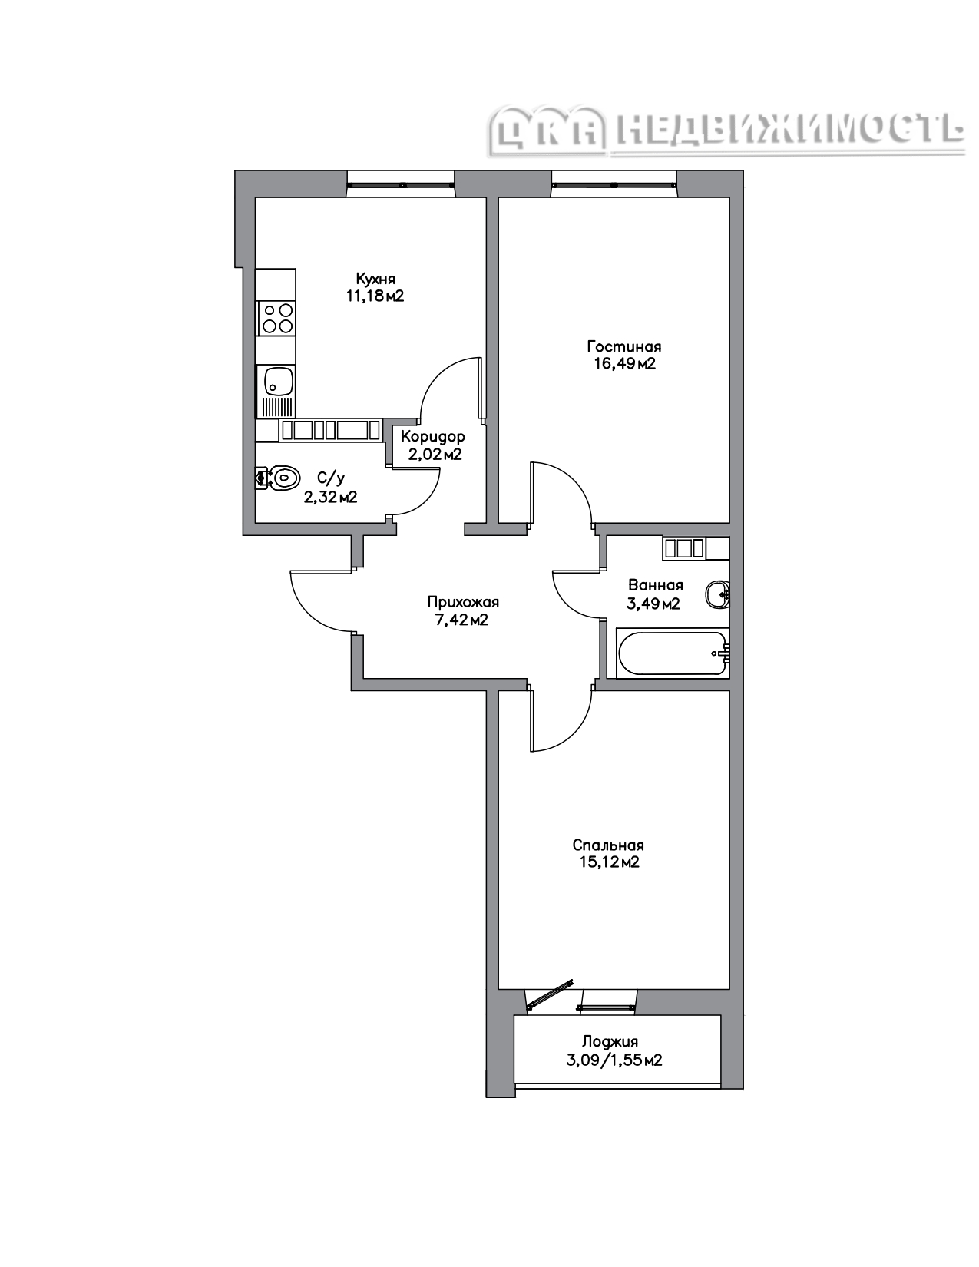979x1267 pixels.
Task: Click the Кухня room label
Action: [x=375, y=278]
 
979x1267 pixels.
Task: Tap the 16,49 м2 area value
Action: [x=624, y=364]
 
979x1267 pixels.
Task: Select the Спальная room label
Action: [x=607, y=845]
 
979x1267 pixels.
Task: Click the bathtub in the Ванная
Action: [x=673, y=653]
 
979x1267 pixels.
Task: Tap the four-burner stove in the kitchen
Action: [x=276, y=319]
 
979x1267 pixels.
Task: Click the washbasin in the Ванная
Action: [x=717, y=595]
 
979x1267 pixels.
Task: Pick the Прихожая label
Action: [x=463, y=602]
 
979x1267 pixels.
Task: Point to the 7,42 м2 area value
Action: [x=461, y=620]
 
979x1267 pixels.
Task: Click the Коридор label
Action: [x=432, y=436]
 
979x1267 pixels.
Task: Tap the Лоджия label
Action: [x=610, y=1041]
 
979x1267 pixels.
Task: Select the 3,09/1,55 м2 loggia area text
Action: [x=614, y=1060]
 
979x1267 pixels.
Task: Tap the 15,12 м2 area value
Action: [x=609, y=862]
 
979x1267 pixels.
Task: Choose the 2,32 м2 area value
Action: [x=330, y=497]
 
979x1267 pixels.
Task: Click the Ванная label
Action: [x=656, y=585]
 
